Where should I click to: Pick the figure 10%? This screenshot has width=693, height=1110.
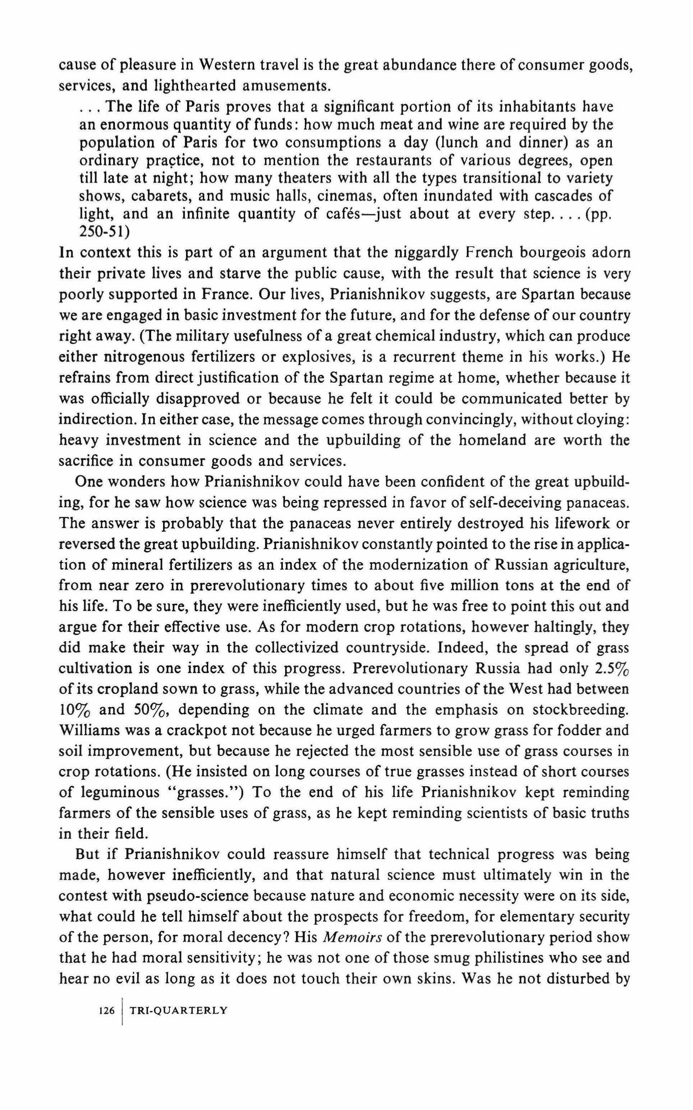[75, 710]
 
